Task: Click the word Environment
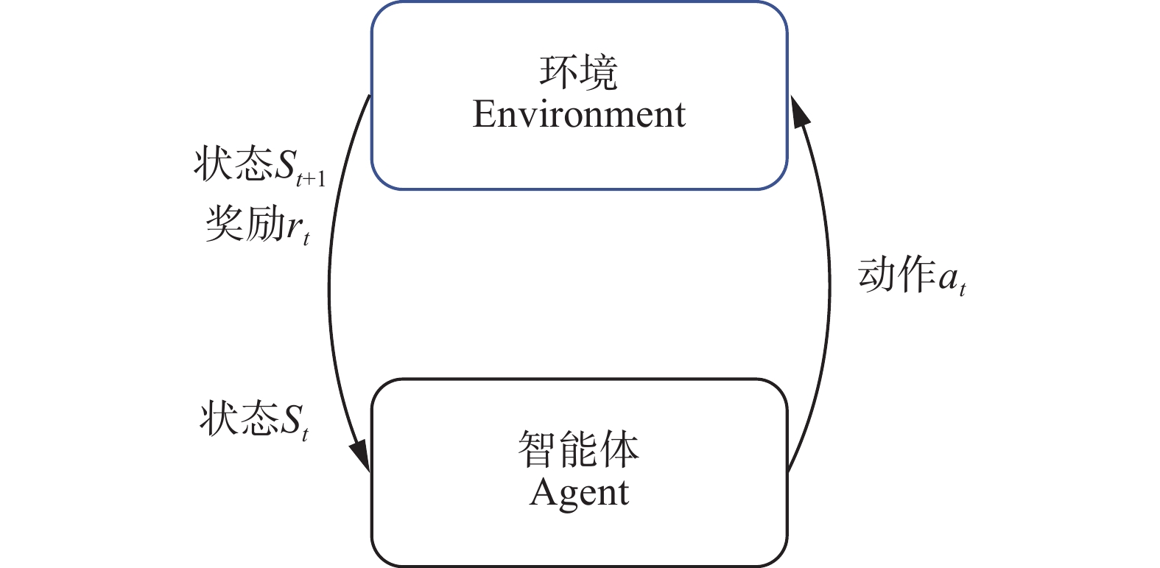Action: tap(579, 114)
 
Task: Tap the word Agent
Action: tap(579, 493)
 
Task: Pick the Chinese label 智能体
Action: tap(579, 449)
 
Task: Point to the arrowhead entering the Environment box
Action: tap(799, 111)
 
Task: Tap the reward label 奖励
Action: tap(244, 223)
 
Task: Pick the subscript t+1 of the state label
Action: tap(310, 179)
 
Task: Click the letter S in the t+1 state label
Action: tap(285, 165)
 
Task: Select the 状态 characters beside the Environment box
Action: tap(233, 164)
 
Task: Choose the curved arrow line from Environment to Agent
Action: tap(329, 287)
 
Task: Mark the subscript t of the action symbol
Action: tap(962, 290)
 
